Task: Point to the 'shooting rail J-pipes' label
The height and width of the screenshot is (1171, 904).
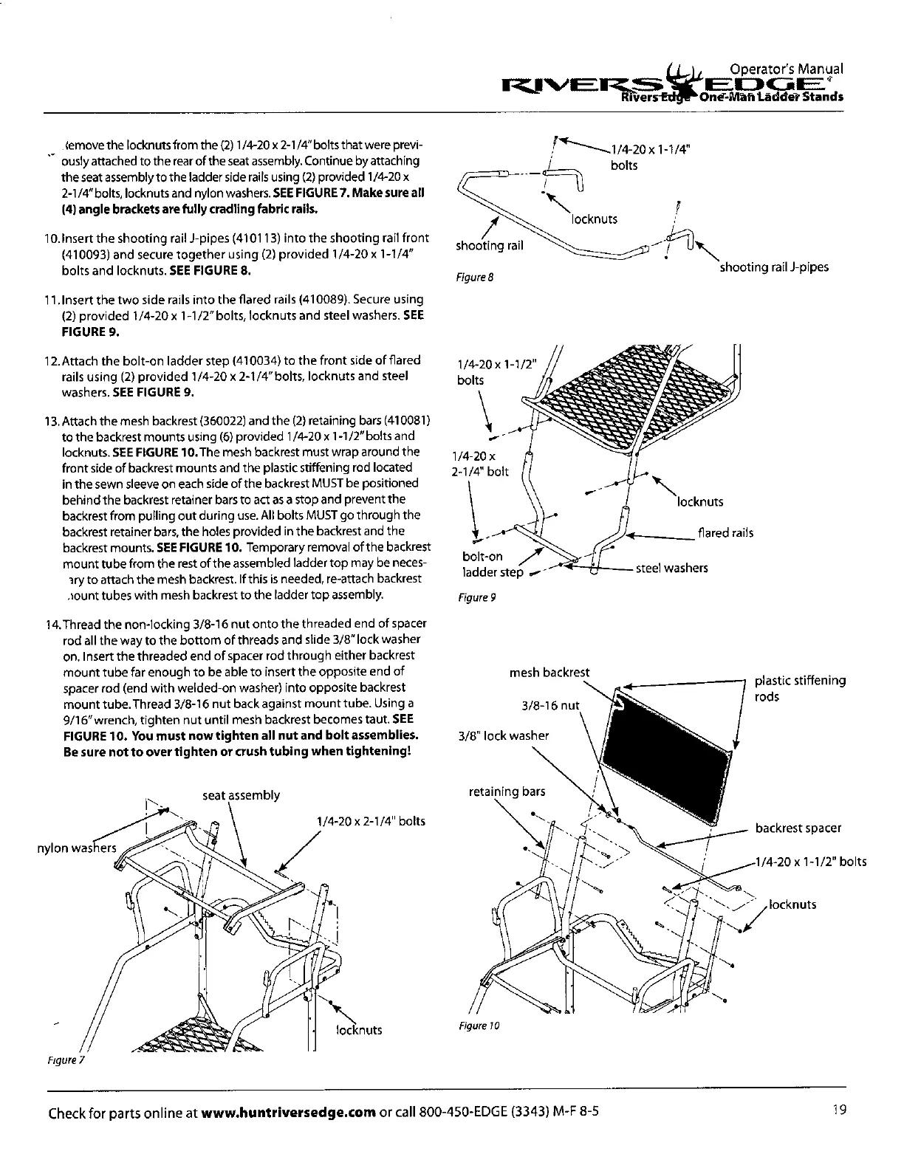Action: pos(773,267)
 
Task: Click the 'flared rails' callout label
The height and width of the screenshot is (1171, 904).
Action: pos(725,532)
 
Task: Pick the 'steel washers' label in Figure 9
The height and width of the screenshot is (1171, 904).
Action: pos(671,568)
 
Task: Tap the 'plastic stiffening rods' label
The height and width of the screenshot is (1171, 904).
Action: pos(800,688)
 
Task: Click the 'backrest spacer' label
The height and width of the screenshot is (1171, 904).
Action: pos(798,828)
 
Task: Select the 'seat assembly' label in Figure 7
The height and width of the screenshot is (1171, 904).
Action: pos(241,795)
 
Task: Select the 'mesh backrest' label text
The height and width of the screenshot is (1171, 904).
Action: pos(549,672)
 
